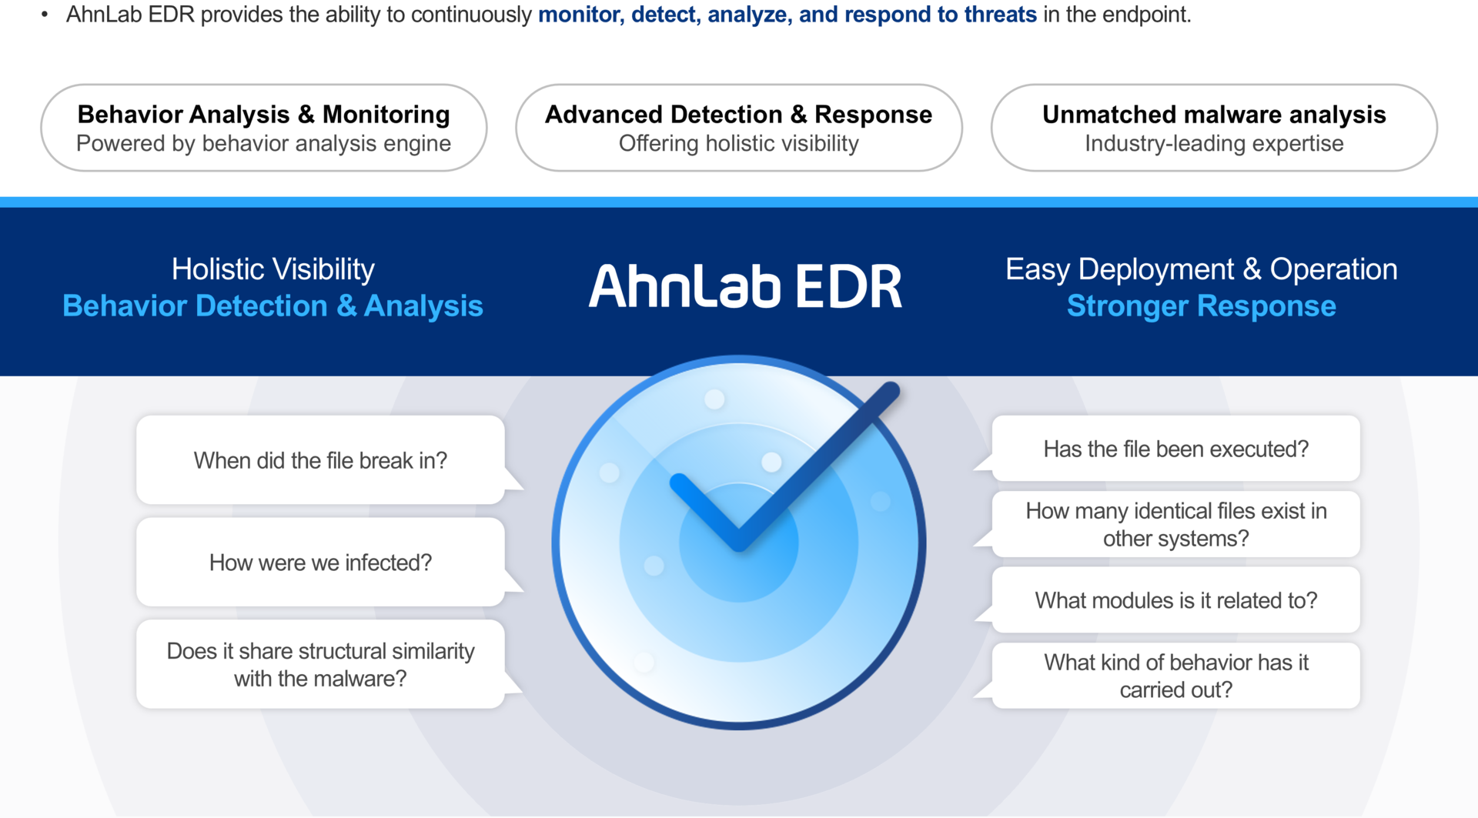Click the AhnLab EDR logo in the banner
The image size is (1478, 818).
tap(745, 286)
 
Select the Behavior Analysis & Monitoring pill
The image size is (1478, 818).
tap(264, 128)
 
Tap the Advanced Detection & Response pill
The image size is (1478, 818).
tap(739, 128)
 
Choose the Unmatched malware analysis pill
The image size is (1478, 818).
tap(1214, 128)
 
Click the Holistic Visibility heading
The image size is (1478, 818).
tap(273, 269)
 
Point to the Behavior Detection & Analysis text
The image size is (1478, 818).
tap(273, 306)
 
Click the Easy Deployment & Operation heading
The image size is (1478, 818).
tap(1202, 269)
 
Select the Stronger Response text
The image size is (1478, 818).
tap(1202, 306)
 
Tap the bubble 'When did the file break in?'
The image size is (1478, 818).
tap(321, 460)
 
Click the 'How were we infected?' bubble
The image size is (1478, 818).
tap(321, 563)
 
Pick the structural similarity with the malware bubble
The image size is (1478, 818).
tap(321, 664)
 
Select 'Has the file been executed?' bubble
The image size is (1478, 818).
tap(1175, 449)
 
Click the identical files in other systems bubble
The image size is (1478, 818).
tap(1175, 524)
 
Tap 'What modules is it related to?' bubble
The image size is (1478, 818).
tap(1175, 600)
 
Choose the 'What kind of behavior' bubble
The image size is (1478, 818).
tap(1175, 676)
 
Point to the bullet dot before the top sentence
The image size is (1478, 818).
tap(45, 15)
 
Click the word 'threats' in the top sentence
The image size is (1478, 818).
tap(1001, 15)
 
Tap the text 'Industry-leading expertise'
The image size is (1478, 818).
tap(1214, 144)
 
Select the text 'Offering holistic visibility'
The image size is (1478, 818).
tap(739, 144)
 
